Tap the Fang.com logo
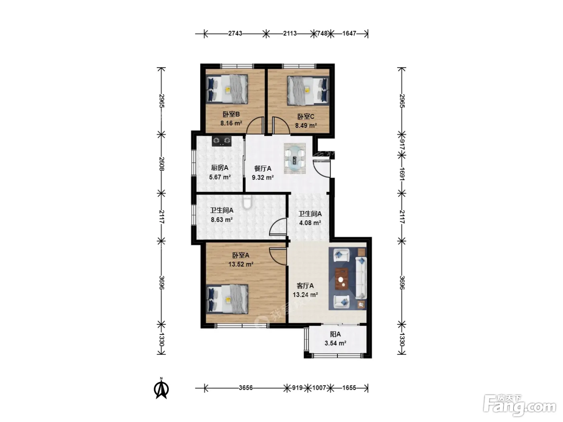pyautogui.click(x=520, y=406)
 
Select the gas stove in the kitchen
pyautogui.click(x=222, y=141)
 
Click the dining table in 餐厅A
pyautogui.click(x=295, y=158)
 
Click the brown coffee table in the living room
pyautogui.click(x=341, y=279)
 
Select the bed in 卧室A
pyautogui.click(x=227, y=299)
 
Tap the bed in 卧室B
pyautogui.click(x=227, y=89)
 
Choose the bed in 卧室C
pyautogui.click(x=308, y=90)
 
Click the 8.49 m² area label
pyautogui.click(x=306, y=125)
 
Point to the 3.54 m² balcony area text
pyautogui.click(x=335, y=343)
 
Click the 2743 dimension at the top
pyautogui.click(x=235, y=34)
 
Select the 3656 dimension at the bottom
pyautogui.click(x=246, y=388)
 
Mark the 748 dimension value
pyautogui.click(x=322, y=34)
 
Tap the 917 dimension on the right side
pyautogui.click(x=402, y=145)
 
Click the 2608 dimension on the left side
pyautogui.click(x=161, y=164)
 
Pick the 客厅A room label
pyautogui.click(x=305, y=286)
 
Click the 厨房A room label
pyautogui.click(x=220, y=168)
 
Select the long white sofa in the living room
pyautogui.click(x=361, y=278)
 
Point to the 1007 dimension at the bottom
pyautogui.click(x=319, y=388)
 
